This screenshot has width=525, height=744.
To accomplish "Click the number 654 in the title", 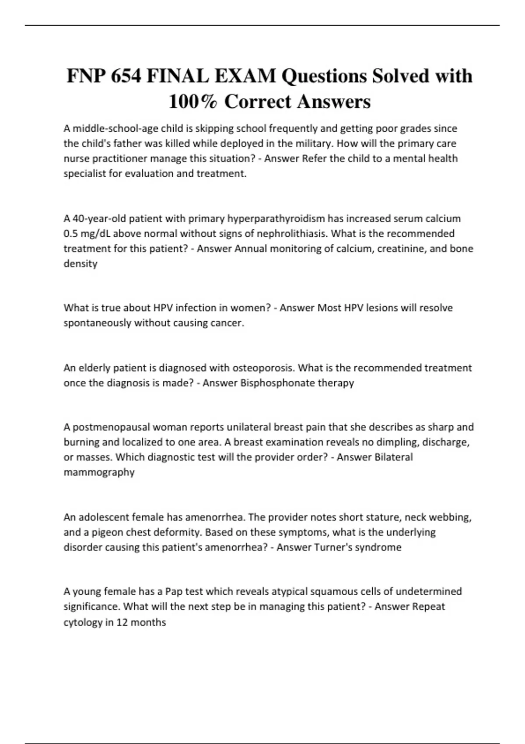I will pos(126,76).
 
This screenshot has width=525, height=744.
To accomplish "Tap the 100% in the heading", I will pos(193,102).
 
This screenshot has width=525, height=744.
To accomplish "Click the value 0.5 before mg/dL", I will pos(70,234).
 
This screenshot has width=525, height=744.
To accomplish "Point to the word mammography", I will pos(99,472).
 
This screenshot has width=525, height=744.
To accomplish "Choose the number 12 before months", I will pos(122,622).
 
